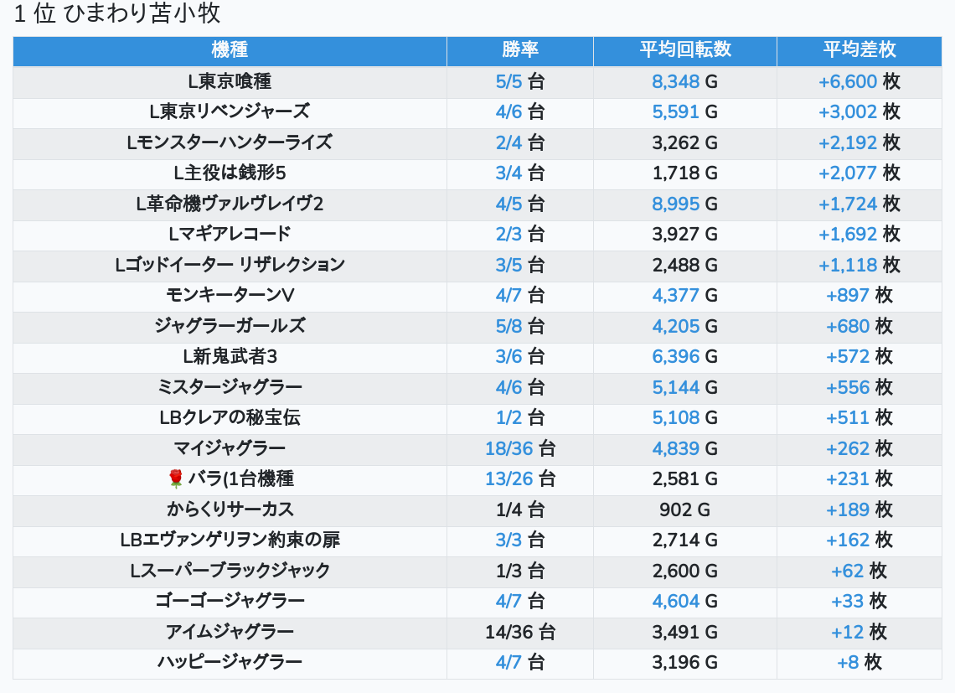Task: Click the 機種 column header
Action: point(230,50)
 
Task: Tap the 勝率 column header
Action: point(520,50)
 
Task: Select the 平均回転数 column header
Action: point(685,50)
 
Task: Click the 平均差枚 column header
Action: point(859,50)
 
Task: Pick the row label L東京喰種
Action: point(230,81)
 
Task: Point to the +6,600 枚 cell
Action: point(859,81)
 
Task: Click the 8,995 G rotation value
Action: point(685,204)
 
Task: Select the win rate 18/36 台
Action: point(520,448)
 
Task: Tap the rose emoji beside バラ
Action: point(175,479)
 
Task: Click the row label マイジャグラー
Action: point(230,448)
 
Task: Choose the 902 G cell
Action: point(685,509)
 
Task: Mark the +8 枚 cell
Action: point(859,662)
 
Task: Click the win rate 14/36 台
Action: point(520,632)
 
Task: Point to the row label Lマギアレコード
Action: point(230,234)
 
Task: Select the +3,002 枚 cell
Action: point(859,111)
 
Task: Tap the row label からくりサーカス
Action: point(230,509)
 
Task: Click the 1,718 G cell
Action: point(685,173)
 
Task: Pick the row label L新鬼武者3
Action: point(230,356)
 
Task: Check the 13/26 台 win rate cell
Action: point(520,479)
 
